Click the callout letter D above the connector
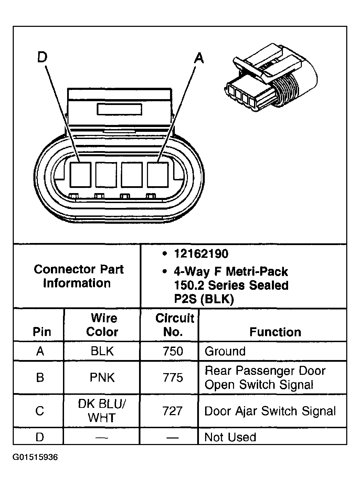click(42, 57)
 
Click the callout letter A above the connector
click(199, 58)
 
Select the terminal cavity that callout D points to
click(80, 175)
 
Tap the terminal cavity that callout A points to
click(158, 175)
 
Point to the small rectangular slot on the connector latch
click(119, 109)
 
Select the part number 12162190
click(201, 254)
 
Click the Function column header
click(275, 332)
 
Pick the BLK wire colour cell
click(102, 351)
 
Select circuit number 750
click(173, 351)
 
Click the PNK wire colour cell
click(102, 378)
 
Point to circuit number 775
click(173, 378)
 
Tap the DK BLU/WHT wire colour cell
click(102, 411)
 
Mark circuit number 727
click(173, 411)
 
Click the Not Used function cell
click(230, 437)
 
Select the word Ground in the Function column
click(225, 351)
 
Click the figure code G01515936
click(35, 457)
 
